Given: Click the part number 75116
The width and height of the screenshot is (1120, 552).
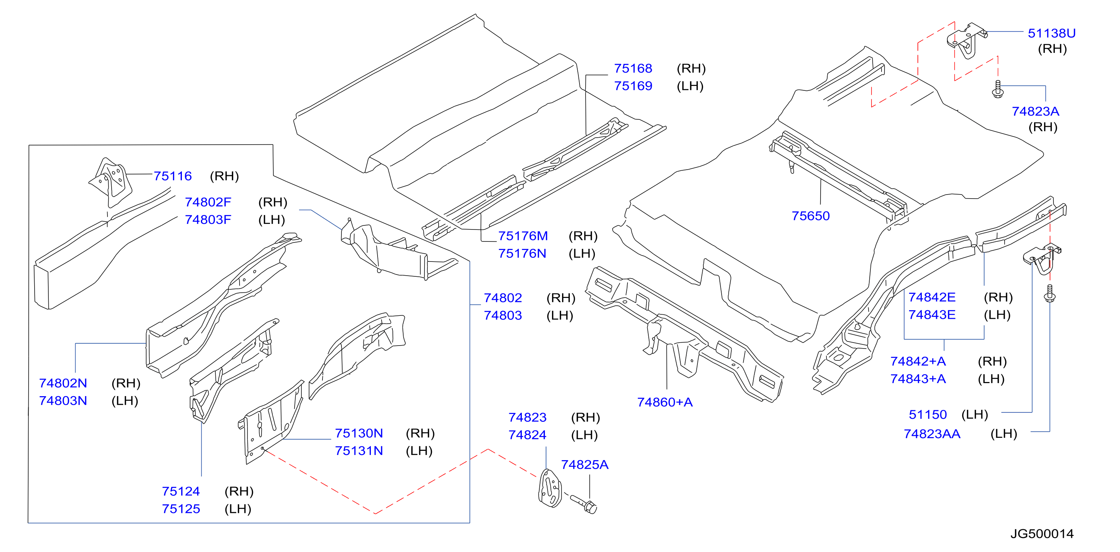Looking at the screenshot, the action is [173, 176].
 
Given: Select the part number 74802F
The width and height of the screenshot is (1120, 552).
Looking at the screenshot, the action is [208, 202].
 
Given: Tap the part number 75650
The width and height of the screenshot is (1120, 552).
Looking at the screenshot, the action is [811, 216].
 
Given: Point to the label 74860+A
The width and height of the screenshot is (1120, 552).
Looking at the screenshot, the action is [665, 402].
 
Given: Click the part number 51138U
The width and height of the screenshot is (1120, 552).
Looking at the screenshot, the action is [1051, 33].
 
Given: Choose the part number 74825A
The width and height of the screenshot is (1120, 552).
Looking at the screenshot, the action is [584, 465].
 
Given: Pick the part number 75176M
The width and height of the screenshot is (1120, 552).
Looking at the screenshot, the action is [523, 236].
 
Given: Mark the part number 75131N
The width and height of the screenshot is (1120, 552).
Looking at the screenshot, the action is [359, 451].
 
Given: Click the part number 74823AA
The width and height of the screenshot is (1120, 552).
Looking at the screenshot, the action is [932, 434].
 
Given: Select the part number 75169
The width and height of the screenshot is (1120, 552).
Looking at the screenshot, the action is [633, 86].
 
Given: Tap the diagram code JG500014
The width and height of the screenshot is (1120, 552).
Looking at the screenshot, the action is [1042, 534].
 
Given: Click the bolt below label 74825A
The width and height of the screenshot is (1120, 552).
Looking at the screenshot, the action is [584, 504].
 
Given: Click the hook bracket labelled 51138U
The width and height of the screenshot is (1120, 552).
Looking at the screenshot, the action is [966, 41].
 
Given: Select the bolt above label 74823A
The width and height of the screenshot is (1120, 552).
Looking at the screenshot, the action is [998, 89].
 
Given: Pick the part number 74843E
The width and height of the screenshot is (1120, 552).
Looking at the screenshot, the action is [932, 315].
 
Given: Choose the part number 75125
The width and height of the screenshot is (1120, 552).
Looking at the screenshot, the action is [181, 509].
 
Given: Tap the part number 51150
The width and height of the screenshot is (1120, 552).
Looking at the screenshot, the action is [928, 415].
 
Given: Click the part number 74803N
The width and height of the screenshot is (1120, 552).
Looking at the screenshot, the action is [63, 401].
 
